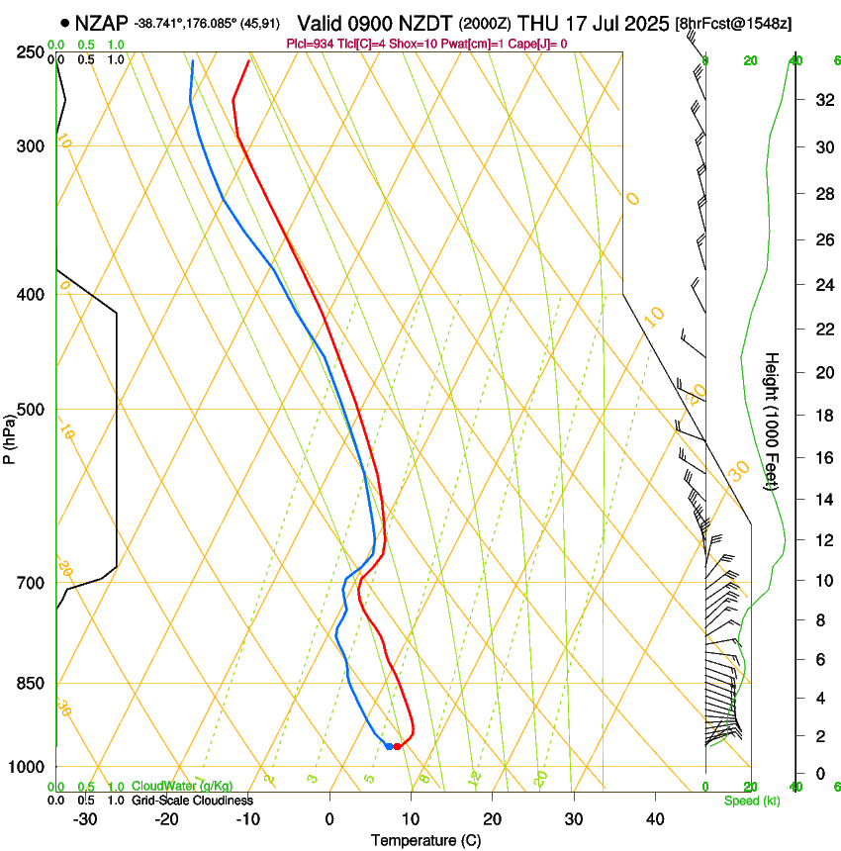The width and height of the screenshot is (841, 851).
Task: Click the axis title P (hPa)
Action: tap(9, 435)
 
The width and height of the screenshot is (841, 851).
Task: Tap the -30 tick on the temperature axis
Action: tap(85, 819)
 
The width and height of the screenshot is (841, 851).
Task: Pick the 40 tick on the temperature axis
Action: tap(654, 819)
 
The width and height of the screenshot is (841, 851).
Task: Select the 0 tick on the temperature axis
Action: tap(329, 819)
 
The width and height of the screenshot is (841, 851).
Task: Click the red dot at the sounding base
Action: tap(397, 746)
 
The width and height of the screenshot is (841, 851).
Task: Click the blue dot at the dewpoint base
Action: tap(389, 746)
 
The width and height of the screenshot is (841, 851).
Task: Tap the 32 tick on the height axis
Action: tap(822, 100)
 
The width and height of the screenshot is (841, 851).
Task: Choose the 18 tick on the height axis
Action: tap(822, 416)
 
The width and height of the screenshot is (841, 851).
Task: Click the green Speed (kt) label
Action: tap(751, 801)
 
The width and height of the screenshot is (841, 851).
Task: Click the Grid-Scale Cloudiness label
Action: tap(192, 801)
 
